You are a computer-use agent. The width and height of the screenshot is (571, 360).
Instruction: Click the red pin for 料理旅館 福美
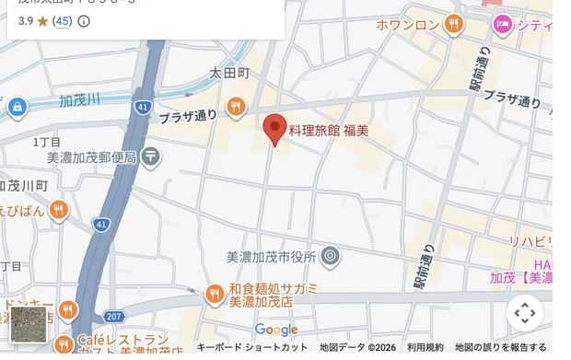point(275,130)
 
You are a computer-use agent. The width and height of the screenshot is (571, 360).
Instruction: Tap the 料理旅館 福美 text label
point(329,131)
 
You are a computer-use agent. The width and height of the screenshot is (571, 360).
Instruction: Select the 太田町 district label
point(229,72)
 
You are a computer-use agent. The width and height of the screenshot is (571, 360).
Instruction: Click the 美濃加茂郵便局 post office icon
point(151,157)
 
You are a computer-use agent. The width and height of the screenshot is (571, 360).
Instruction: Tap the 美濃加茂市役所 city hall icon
point(331,257)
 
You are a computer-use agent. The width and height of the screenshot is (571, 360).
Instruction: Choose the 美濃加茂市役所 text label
point(271,257)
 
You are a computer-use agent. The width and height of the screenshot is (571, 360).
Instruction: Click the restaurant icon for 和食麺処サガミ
point(214,295)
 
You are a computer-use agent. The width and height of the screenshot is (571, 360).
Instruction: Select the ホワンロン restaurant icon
point(453,25)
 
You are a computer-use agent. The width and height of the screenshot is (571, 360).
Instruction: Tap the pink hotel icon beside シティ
point(502,25)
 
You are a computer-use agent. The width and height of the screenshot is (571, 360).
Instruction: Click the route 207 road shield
point(113,317)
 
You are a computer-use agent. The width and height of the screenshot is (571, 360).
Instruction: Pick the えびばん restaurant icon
point(60,210)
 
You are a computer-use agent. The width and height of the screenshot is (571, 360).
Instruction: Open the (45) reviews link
point(62,20)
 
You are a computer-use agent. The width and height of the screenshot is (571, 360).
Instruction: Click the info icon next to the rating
point(84,20)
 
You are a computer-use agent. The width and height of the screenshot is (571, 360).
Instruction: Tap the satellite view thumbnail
point(29,324)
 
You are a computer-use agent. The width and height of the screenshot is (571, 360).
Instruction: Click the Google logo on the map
point(276,330)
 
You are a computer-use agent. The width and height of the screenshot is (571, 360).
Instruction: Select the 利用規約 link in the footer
point(425,347)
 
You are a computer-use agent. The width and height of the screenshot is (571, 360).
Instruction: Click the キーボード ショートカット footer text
point(252,347)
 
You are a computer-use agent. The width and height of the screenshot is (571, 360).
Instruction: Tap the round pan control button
point(525,313)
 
